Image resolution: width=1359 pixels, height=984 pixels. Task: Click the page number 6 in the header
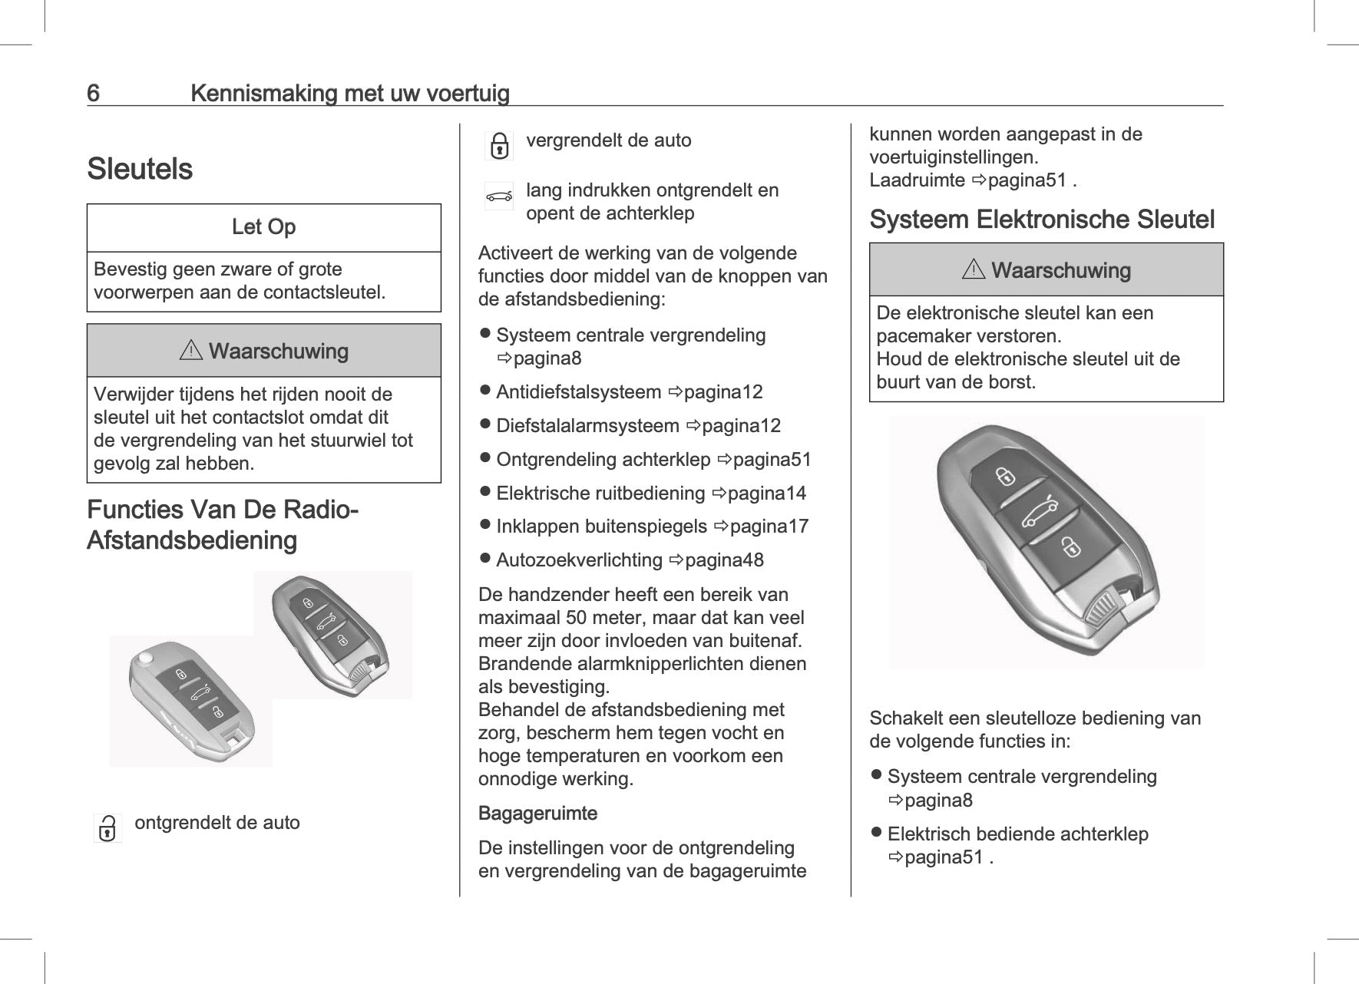pyautogui.click(x=93, y=94)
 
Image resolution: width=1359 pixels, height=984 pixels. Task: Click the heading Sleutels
pyautogui.click(x=140, y=169)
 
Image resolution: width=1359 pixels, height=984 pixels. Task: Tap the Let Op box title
pyautogui.click(x=263, y=227)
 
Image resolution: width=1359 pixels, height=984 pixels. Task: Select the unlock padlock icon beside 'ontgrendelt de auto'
pyautogui.click(x=107, y=828)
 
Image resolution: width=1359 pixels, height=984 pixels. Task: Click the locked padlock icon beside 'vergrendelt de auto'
pyautogui.click(x=499, y=145)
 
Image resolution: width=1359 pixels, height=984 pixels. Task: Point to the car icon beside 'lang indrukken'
pyautogui.click(x=499, y=196)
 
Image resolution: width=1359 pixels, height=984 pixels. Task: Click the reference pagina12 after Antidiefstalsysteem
pyautogui.click(x=723, y=392)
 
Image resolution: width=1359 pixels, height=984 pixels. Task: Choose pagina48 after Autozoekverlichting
pyautogui.click(x=724, y=560)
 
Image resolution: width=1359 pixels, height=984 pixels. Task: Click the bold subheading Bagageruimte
pyautogui.click(x=537, y=814)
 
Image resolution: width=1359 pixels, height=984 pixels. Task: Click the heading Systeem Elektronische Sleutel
pyautogui.click(x=1042, y=220)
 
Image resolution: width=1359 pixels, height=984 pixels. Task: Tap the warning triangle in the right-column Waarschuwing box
pyautogui.click(x=973, y=270)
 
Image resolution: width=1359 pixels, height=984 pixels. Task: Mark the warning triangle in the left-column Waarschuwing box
pyautogui.click(x=190, y=352)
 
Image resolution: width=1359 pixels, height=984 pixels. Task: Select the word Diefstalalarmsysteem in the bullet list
pyautogui.click(x=587, y=426)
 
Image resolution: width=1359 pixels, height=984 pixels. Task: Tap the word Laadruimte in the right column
pyautogui.click(x=917, y=181)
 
